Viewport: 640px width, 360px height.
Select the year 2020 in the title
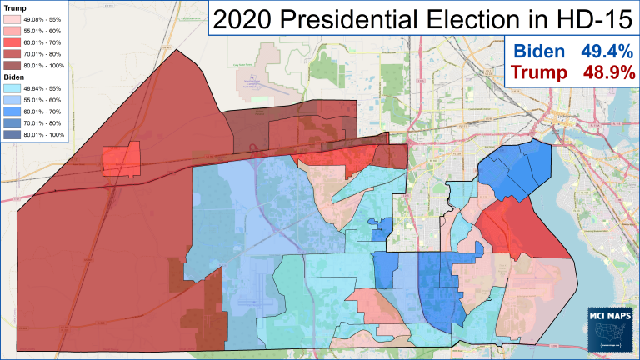pos(247,19)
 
